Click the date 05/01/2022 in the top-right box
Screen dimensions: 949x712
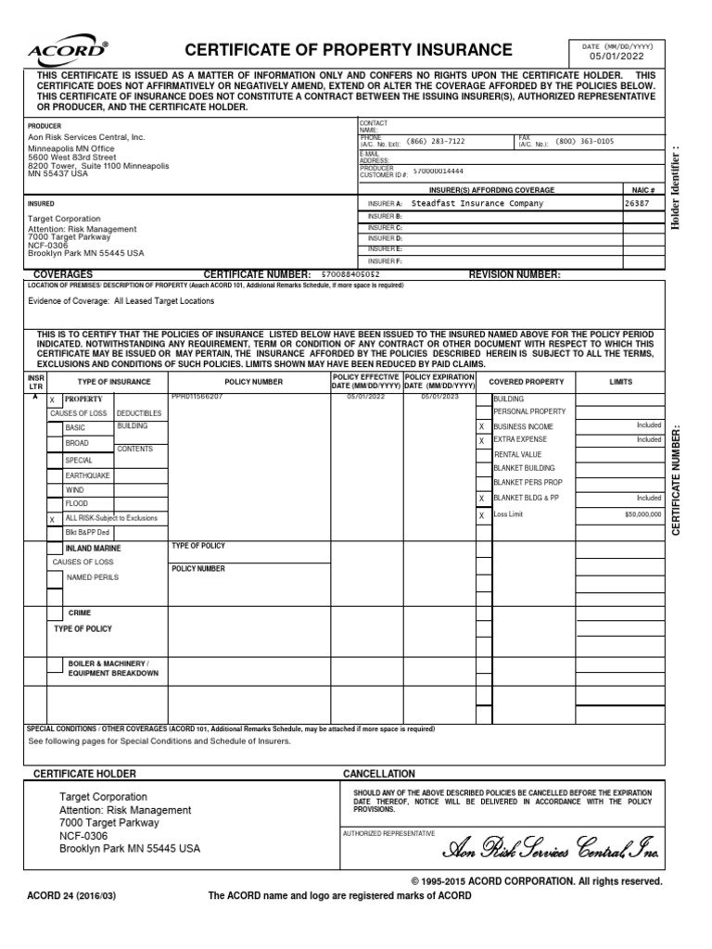click(616, 57)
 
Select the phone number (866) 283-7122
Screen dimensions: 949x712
click(436, 142)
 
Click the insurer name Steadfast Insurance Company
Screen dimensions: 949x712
click(477, 203)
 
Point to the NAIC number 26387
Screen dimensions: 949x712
click(638, 203)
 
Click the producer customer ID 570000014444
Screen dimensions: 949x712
click(439, 171)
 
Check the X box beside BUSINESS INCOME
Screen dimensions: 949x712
click(481, 426)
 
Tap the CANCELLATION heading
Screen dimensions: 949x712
click(379, 774)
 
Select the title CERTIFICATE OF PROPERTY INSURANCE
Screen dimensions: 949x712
click(349, 50)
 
